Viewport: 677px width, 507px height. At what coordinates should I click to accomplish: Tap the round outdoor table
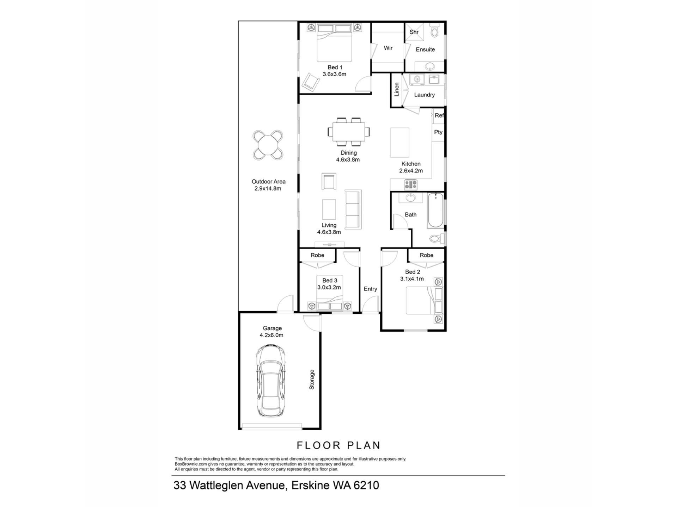pos(268,145)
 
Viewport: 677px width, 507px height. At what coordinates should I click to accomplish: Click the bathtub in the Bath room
pos(435,211)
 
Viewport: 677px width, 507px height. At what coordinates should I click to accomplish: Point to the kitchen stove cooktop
pos(410,184)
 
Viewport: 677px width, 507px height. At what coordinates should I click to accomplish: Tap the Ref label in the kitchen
pos(439,115)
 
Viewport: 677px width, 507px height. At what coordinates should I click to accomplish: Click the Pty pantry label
pos(438,132)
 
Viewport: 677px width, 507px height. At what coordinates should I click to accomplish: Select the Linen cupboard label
pos(397,89)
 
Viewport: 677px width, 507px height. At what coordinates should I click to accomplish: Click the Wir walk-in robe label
pos(388,48)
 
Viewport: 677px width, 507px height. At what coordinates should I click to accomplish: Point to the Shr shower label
pos(414,32)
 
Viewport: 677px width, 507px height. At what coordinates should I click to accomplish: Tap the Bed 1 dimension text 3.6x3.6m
pos(335,74)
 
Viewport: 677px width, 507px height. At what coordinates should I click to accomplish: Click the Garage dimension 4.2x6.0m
pos(272,335)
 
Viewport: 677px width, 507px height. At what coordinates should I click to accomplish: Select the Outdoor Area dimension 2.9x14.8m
pos(268,188)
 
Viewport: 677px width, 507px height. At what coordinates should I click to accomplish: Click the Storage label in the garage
pos(312,380)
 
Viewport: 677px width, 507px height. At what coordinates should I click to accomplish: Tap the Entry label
pos(370,289)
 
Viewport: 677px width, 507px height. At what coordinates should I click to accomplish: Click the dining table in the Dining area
pos(349,132)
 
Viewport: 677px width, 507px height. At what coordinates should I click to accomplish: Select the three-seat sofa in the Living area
pos(353,209)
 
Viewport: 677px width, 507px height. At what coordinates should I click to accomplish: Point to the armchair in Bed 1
pos(311,83)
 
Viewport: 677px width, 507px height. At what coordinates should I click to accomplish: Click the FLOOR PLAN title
pos(338,445)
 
